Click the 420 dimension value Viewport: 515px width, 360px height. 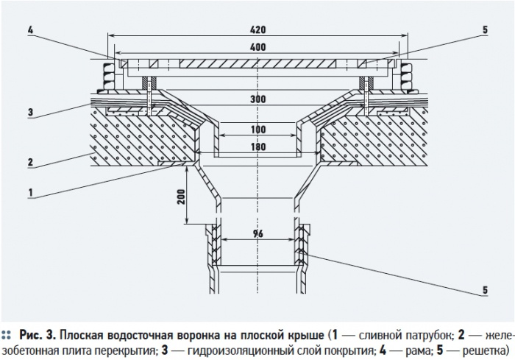coord(257,29)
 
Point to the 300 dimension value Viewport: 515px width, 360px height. coord(257,99)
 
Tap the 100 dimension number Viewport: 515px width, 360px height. coord(257,130)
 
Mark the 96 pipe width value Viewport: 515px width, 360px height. coord(257,233)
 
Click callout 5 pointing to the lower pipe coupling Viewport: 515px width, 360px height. coord(486,289)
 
